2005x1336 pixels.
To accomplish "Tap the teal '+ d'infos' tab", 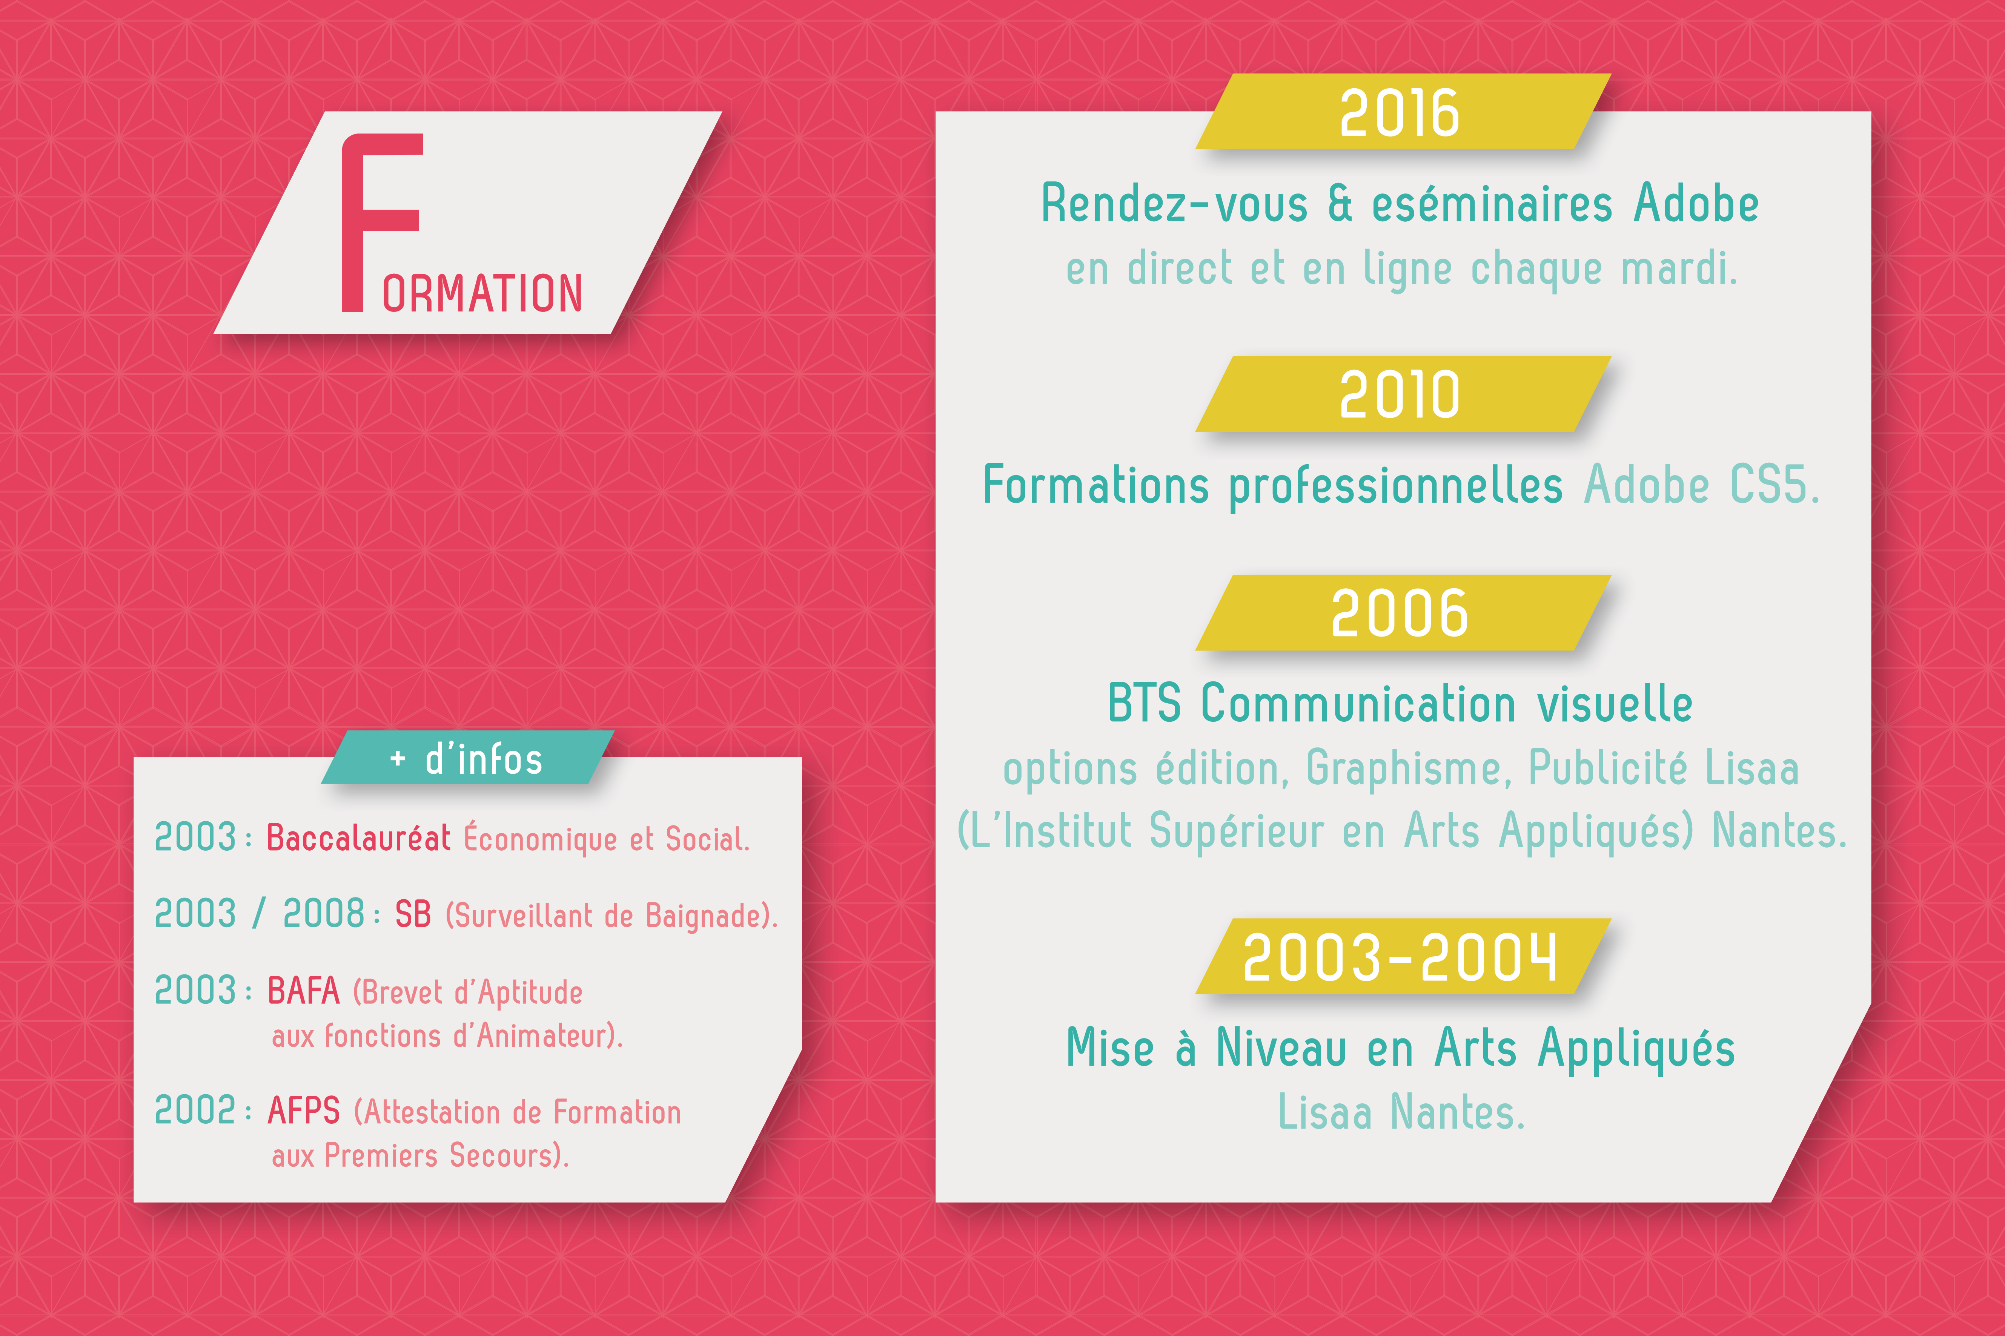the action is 467,758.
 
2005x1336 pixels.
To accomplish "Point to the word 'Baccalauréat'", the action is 359,837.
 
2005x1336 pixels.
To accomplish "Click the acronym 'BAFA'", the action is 303,991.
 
